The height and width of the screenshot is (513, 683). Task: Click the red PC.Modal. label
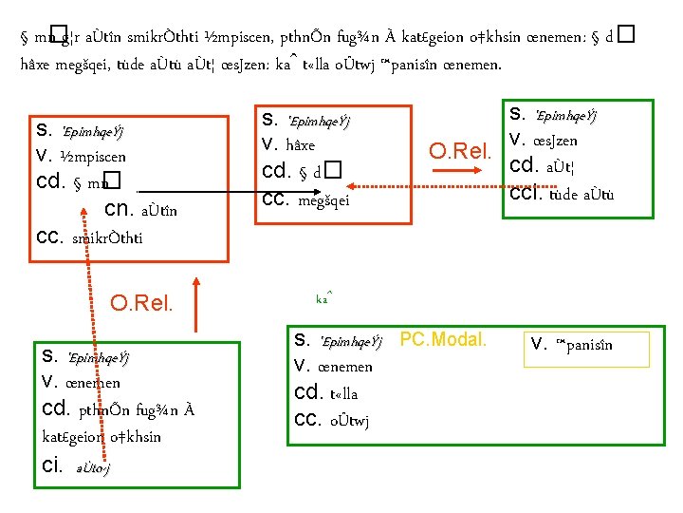pyautogui.click(x=443, y=339)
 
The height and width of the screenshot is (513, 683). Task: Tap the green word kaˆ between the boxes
pyautogui.click(x=323, y=298)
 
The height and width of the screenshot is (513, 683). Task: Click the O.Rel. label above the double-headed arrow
pyautogui.click(x=460, y=151)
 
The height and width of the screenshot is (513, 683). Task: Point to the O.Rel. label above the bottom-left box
pyautogui.click(x=141, y=304)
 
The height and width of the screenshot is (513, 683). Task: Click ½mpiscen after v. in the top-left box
pyautogui.click(x=93, y=155)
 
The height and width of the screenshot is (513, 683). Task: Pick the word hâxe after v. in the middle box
pyautogui.click(x=296, y=146)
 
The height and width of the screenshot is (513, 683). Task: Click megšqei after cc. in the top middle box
pyautogui.click(x=324, y=199)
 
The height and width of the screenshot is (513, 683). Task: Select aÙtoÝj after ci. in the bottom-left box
pyautogui.click(x=91, y=468)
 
